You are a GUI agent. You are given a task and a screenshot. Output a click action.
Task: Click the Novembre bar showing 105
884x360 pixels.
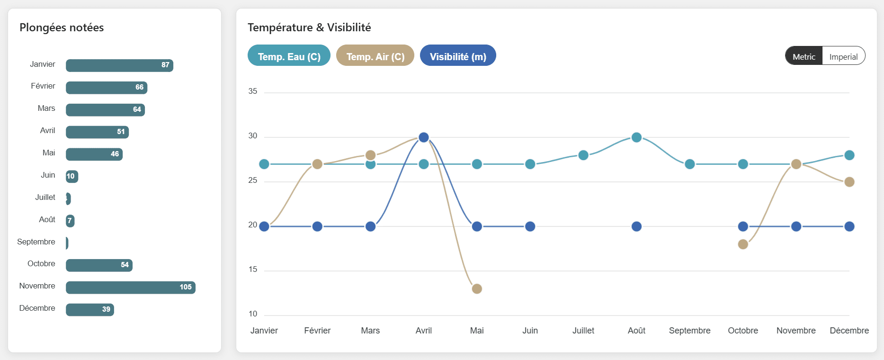130,287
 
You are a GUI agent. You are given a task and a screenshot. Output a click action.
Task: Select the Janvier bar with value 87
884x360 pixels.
119,65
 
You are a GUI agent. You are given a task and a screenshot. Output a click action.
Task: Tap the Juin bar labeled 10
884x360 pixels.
71,176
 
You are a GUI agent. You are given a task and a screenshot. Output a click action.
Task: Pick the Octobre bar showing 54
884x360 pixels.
99,265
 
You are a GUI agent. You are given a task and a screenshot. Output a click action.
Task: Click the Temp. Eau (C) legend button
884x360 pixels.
289,56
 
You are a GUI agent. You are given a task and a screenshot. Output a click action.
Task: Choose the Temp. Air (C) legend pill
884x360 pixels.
375,56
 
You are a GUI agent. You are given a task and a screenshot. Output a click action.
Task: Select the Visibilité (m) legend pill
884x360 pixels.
458,56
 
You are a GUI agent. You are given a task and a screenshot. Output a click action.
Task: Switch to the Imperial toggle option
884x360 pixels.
843,56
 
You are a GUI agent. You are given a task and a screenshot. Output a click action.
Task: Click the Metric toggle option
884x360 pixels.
804,56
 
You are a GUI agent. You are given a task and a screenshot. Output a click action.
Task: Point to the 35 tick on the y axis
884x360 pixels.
253,91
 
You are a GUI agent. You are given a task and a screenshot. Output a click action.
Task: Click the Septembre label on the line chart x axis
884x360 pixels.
689,331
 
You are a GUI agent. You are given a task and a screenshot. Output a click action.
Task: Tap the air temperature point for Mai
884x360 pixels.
477,288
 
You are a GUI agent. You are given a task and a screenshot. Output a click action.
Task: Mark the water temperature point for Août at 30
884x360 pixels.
636,137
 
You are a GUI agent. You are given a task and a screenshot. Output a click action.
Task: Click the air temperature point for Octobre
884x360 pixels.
743,244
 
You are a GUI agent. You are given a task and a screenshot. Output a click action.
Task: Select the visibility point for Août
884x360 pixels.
636,226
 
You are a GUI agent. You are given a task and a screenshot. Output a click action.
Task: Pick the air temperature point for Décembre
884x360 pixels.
849,182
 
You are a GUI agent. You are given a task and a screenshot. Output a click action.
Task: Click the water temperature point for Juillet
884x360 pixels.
583,155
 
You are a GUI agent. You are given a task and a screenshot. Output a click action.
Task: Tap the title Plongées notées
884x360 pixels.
62,27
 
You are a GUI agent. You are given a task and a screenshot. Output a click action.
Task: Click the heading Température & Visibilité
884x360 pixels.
309,27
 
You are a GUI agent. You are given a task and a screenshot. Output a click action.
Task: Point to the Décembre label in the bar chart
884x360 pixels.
37,308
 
